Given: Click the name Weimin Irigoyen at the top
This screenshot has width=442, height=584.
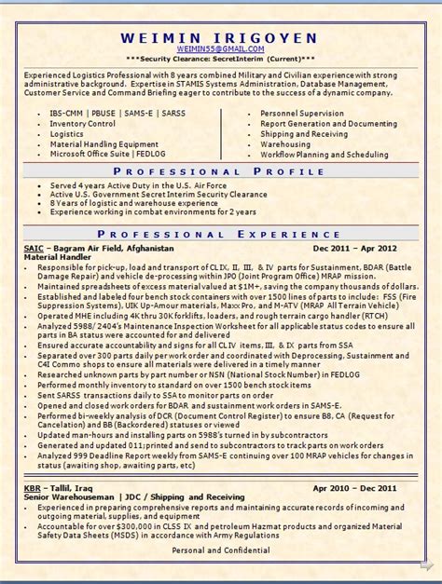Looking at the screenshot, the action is click(219, 36).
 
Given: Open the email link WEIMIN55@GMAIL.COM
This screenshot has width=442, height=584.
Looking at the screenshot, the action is click(220, 48).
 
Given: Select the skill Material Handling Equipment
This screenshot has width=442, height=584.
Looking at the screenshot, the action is click(104, 143).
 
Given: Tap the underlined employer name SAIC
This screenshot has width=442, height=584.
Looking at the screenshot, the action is click(32, 250).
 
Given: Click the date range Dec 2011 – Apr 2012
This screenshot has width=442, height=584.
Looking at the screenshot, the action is click(355, 250).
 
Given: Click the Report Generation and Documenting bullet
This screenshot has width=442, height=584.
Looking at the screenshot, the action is click(328, 123).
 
